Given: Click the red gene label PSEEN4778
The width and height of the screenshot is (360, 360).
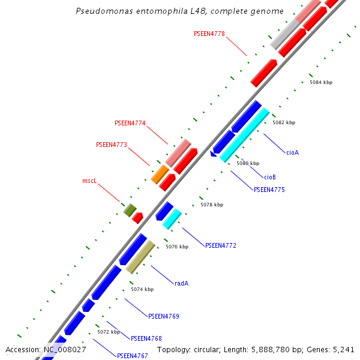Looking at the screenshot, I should coord(209,34).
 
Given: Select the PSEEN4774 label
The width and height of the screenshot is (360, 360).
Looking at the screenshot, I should coord(130,124).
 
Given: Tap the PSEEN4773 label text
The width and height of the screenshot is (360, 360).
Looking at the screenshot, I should coord(112,145).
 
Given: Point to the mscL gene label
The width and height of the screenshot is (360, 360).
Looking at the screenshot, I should coord(89,181).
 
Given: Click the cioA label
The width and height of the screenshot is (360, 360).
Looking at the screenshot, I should coord(292,152).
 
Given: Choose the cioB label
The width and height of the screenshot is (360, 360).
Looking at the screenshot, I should coord(270,177).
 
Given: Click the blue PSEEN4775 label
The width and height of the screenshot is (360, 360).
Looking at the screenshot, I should coord(269,190).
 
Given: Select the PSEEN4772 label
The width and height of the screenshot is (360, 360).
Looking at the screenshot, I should coord(221,246).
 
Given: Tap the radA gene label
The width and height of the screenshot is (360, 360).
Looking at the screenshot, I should coord(181,283).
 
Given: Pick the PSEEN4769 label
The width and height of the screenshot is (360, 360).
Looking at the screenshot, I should coord(163,316).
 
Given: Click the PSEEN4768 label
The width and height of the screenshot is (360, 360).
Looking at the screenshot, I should coord(146,338).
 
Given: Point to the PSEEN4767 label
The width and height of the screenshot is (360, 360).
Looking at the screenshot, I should coord(132,356).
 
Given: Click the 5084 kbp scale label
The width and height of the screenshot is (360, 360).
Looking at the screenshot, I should coord(320,82).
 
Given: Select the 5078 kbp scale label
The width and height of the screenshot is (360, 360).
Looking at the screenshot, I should coord(211,205).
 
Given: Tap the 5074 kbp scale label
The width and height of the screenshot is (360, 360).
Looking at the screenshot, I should coord(142,289).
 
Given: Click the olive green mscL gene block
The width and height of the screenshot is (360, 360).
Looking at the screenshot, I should coord(130,210).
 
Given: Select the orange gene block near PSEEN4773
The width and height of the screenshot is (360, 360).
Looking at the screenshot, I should coord(160,175).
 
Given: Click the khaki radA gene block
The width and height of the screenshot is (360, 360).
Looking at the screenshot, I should coord(140,257).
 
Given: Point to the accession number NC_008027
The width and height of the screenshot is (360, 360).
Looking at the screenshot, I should coord(64,349).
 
